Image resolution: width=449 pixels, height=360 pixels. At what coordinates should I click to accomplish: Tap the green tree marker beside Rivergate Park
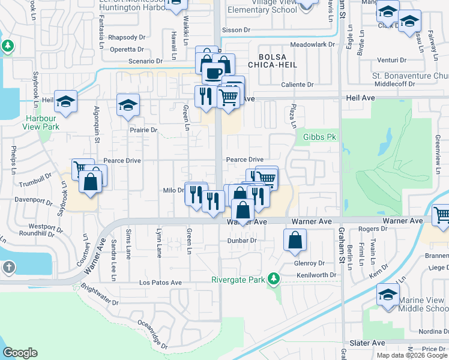click(274, 279)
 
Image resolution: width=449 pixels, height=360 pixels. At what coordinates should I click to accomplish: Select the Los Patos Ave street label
click(160, 282)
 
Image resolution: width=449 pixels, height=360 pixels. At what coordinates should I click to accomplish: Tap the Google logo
click(20, 353)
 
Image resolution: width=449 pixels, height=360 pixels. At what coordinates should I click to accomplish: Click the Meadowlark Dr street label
click(311, 45)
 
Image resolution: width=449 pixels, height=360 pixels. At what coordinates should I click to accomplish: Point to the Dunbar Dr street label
click(242, 241)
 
